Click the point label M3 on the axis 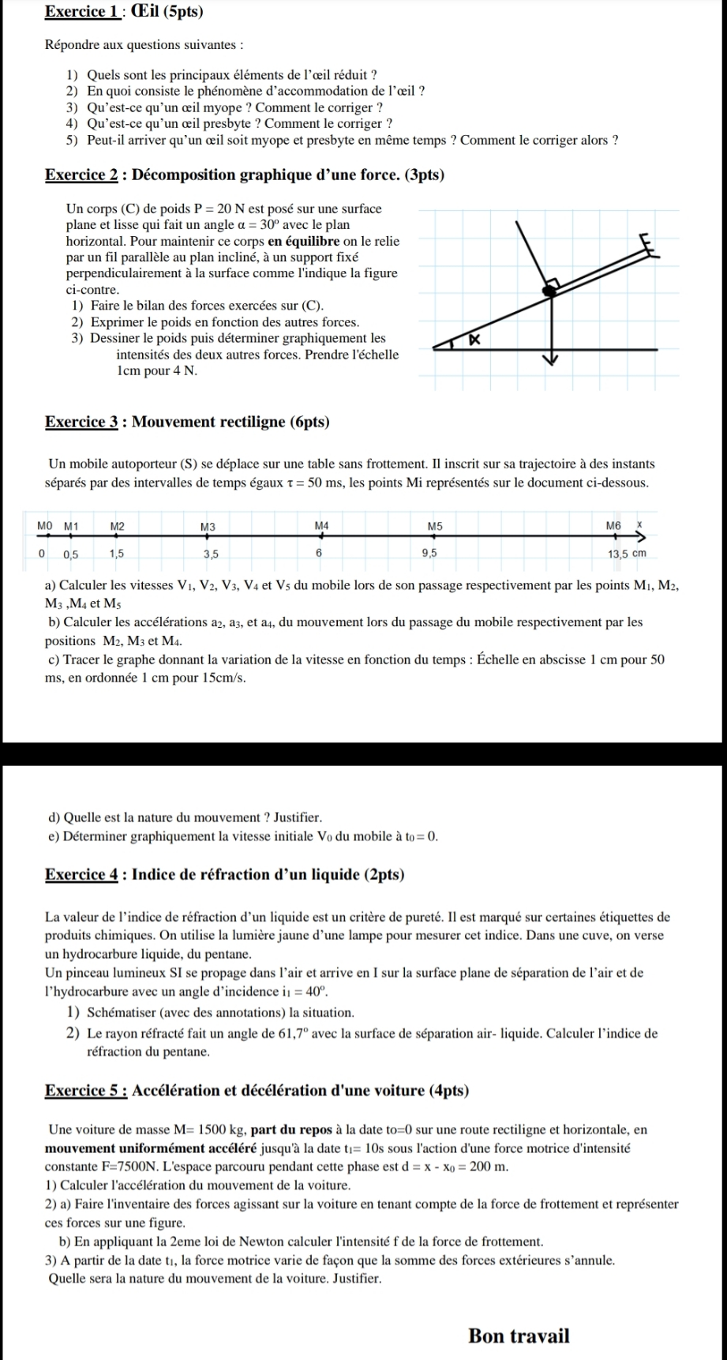208,526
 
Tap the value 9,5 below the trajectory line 429,554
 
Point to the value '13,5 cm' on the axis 628,554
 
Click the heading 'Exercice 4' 82,874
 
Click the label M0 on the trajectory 44,526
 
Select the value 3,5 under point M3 211,554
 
